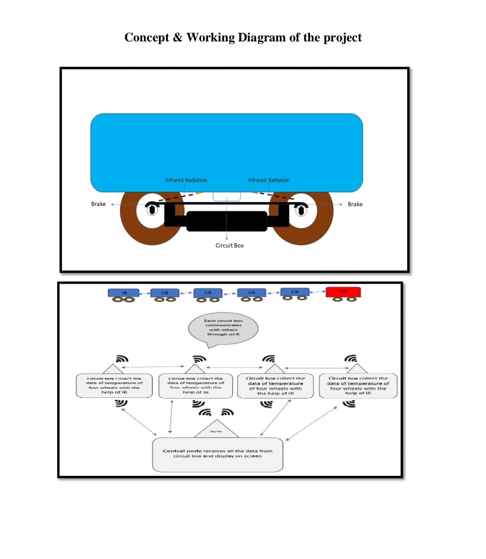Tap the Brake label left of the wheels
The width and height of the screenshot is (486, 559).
point(98,204)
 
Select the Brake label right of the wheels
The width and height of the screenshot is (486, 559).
point(355,204)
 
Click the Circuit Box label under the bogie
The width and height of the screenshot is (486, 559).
point(229,246)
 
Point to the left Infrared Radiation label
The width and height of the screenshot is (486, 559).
point(186,180)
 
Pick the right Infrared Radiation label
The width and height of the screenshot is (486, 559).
point(269,180)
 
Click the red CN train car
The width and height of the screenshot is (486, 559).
point(343,292)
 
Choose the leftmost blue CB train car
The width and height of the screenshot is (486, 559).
point(123,293)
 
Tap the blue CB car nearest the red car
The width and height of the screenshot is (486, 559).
point(295,292)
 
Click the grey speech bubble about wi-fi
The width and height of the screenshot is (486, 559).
point(223,328)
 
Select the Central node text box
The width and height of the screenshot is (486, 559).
point(217,454)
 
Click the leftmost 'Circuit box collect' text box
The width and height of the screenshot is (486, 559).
point(114,386)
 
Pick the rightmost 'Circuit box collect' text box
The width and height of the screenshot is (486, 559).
point(358,386)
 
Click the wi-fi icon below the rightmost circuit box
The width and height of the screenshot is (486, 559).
point(349,404)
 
